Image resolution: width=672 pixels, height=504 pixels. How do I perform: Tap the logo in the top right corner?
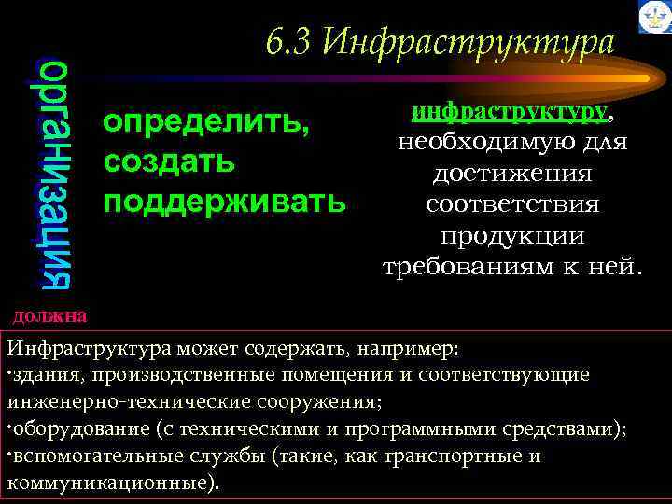point(652,17)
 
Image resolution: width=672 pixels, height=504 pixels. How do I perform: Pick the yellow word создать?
point(170,161)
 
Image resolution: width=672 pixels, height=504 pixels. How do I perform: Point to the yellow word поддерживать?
point(224,201)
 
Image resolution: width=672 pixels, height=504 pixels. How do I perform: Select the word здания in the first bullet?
point(39,375)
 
